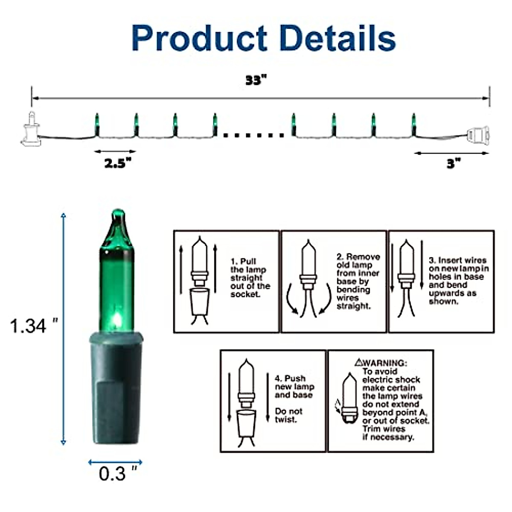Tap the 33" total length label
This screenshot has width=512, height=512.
click(x=256, y=81)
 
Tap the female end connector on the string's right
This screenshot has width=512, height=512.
click(x=478, y=135)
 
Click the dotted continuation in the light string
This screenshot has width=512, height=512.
click(x=253, y=135)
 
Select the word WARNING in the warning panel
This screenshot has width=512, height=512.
click(x=384, y=363)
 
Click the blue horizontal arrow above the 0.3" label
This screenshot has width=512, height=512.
click(x=115, y=462)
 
